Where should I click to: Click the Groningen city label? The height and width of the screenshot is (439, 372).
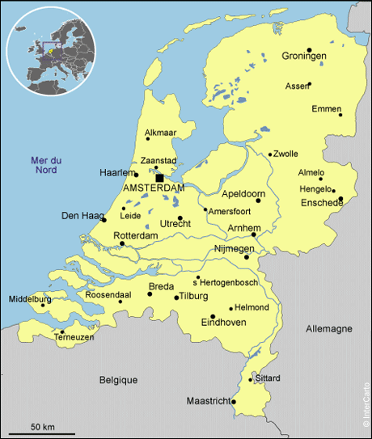coord(304,56)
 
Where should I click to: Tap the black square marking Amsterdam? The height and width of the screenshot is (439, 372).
coord(160,177)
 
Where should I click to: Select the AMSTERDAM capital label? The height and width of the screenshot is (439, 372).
coord(154,188)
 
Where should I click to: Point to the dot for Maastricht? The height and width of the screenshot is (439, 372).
coord(233,401)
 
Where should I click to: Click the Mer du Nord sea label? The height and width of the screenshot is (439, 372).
coord(45,164)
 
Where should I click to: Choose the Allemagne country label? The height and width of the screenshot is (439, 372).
coord(329,329)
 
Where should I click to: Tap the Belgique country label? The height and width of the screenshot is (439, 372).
coord(119,379)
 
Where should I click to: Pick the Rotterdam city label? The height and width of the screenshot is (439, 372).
coord(136,235)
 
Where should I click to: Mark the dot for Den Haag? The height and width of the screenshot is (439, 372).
coord(104,219)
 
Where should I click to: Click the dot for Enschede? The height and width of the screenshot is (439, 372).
coord(340,198)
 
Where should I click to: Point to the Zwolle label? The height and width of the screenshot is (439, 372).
coord(286,154)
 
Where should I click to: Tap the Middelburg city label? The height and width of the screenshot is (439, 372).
coord(30,299)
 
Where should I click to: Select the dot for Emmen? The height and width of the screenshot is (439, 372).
coord(340,115)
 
